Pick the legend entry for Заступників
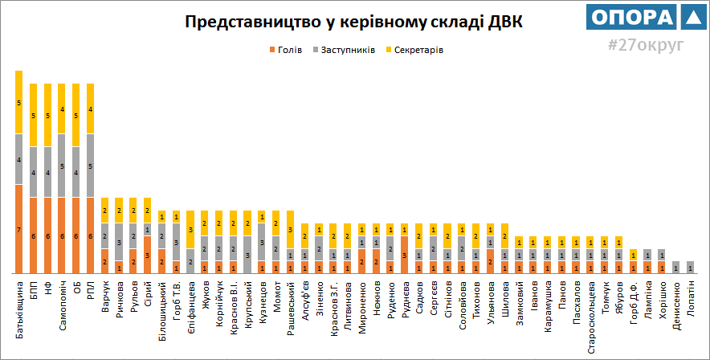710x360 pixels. point(347,50)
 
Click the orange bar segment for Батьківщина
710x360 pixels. point(18,229)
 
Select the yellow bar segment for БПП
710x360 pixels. point(33,115)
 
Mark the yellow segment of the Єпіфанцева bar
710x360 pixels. point(190,230)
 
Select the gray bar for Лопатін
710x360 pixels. point(690,268)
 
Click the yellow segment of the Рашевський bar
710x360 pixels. point(290,229)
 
